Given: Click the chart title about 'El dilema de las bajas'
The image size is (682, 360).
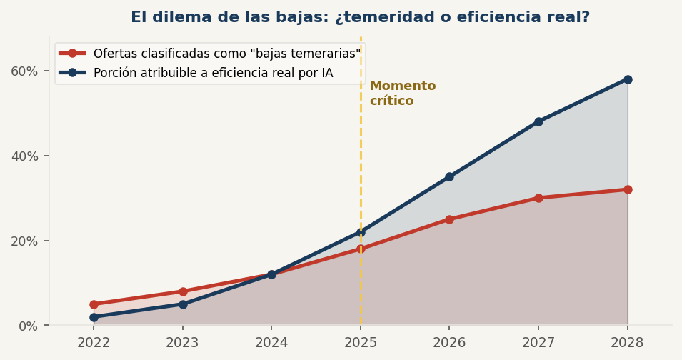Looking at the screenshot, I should click(360, 17).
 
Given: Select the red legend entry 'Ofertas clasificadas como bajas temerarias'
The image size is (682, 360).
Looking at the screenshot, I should click(226, 54).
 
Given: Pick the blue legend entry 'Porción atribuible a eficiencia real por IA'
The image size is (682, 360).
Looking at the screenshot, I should click(213, 73).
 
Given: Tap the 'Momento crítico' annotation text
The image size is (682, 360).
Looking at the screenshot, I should click(402, 94).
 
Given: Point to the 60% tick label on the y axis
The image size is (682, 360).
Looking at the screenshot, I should click(24, 71).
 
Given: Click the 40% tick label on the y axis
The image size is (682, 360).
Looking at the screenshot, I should click(24, 156).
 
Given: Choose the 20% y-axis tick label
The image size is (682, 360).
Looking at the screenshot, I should click(24, 241).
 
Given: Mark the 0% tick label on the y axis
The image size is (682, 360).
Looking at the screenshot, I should click(27, 326).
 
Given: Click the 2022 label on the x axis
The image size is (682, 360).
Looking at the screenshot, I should click(94, 343).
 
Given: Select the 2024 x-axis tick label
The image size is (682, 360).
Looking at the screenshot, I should click(271, 343).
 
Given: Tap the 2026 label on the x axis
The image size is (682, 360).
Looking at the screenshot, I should click(449, 343).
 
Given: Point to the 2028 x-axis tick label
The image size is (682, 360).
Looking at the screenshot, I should click(627, 343).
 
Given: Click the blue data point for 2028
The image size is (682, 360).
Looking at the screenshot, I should click(627, 79).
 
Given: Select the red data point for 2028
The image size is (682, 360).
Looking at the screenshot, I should click(627, 189).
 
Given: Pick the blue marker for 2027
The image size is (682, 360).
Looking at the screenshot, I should click(538, 121).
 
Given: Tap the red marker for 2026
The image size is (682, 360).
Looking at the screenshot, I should click(449, 219).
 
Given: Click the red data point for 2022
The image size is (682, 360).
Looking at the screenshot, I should click(94, 304).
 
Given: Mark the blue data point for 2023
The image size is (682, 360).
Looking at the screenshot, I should click(183, 304).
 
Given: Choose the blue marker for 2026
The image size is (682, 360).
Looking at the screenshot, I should click(449, 176).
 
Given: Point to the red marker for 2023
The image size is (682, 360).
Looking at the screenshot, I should click(183, 291).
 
